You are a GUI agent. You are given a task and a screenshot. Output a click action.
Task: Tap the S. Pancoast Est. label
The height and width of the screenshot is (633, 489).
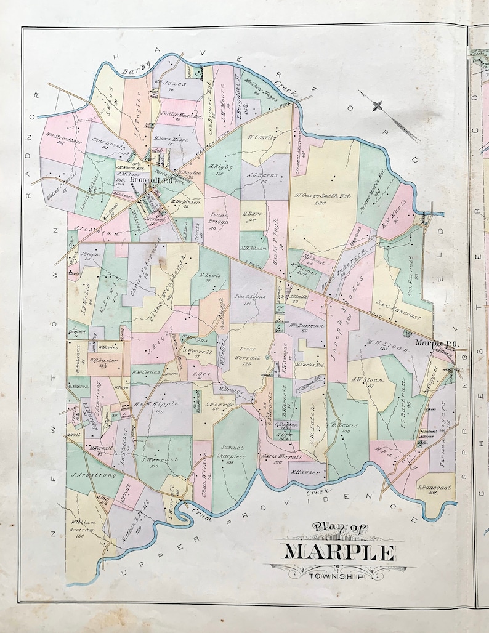point(434,490)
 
